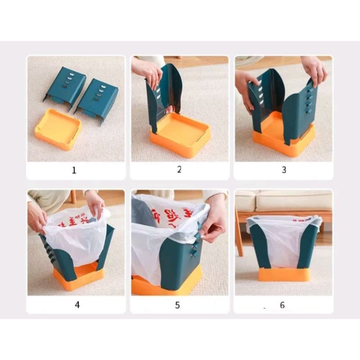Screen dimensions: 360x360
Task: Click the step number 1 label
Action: (74, 171)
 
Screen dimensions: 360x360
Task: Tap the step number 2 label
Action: (179, 170)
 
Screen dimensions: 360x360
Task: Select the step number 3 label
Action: (283, 170)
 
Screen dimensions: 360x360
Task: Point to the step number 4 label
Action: (77, 305)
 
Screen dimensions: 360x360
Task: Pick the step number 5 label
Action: (177, 305)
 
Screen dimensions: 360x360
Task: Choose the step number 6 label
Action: (282, 305)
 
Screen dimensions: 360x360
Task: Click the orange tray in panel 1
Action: (58, 129)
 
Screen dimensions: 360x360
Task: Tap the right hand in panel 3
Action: (314, 70)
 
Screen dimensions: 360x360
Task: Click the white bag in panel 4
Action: (76, 238)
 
